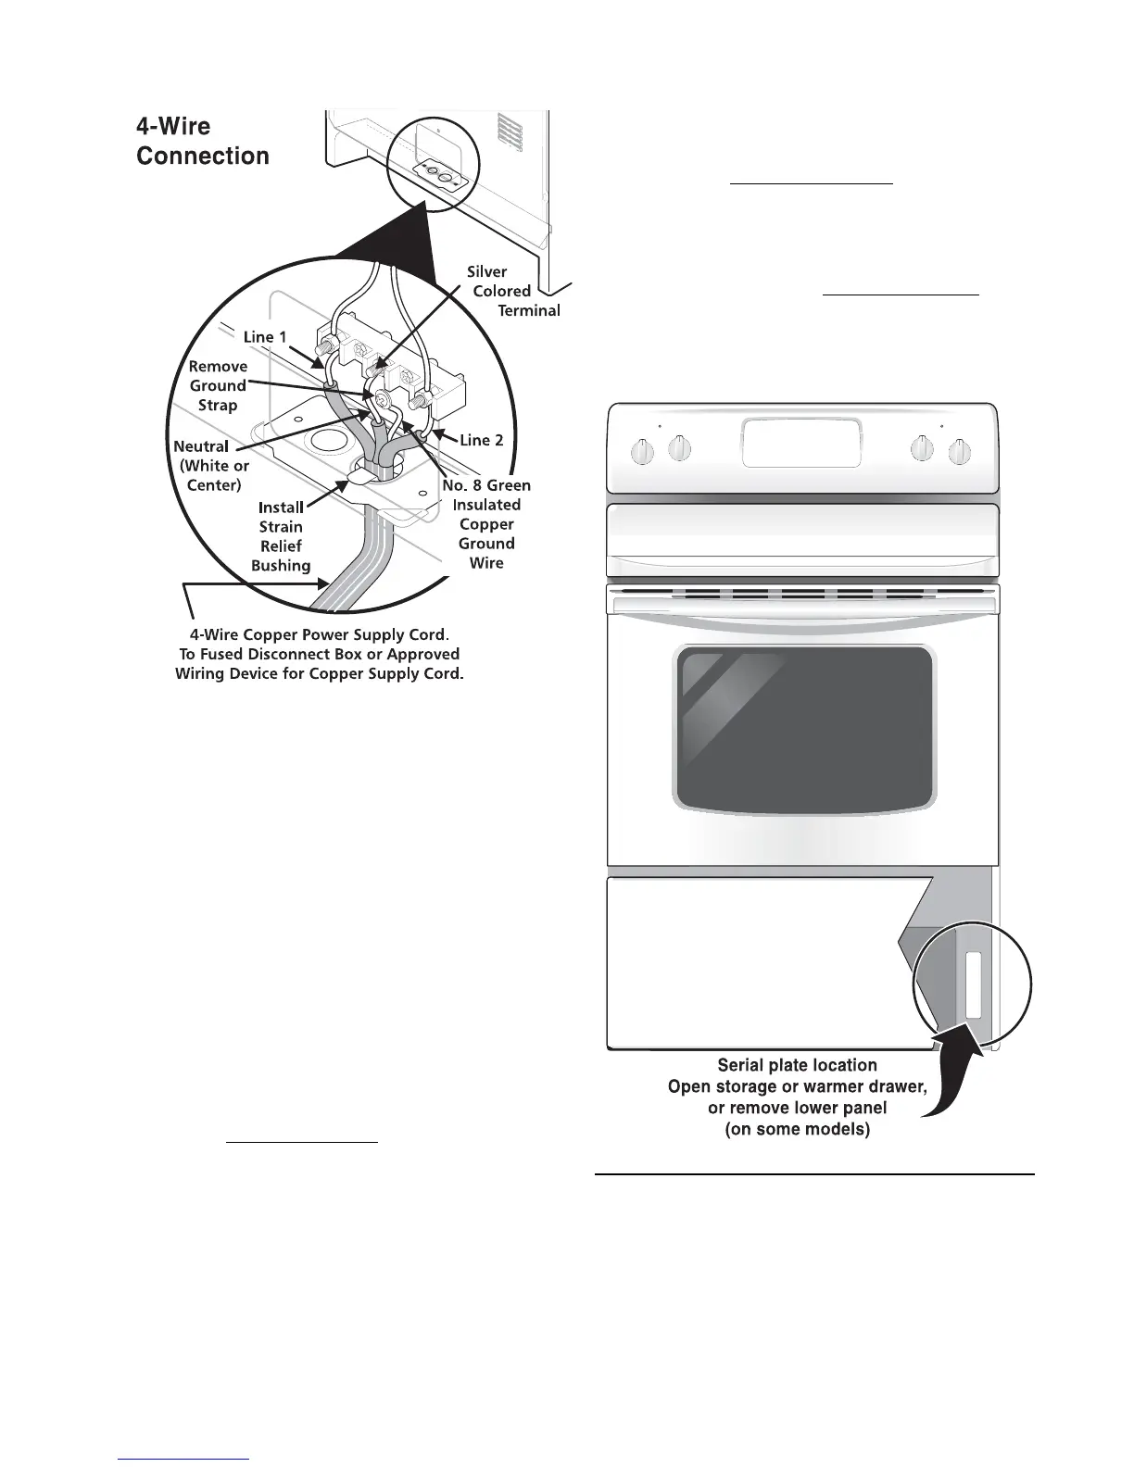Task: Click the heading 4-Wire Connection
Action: pos(203,141)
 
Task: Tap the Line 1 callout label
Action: pos(265,337)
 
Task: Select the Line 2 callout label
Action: pos(482,440)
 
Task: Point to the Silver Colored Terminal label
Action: pos(512,291)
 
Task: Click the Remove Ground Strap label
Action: pos(218,385)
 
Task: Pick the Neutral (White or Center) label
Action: pos(212,466)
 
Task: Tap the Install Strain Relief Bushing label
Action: pos(281,536)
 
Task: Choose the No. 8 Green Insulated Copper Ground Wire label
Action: pos(486,523)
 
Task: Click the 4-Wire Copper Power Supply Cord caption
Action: pos(319,654)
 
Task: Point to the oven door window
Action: pos(804,728)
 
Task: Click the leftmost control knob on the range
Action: pos(642,452)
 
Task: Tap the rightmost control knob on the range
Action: pos(959,453)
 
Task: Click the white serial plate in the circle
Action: pos(972,984)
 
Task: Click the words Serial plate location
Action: pos(797,1065)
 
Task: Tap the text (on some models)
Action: pos(797,1130)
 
